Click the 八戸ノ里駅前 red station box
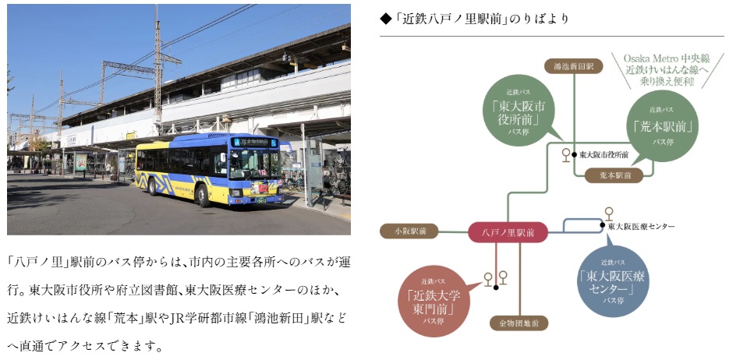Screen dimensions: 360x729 pos(508,231)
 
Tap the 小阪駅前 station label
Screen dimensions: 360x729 pos(409,231)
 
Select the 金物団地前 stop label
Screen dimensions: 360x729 pos(518,322)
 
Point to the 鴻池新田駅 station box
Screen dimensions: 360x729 pos(573,67)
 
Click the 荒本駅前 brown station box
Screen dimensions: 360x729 pos(613,176)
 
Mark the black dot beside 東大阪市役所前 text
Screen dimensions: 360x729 pos(574,154)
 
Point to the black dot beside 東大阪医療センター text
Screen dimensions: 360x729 pos(602,226)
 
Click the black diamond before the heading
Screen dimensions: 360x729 pos(384,19)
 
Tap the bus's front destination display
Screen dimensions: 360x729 pos(253,142)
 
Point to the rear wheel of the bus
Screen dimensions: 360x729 pos(151,185)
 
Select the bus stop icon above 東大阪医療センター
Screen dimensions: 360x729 pos(608,212)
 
